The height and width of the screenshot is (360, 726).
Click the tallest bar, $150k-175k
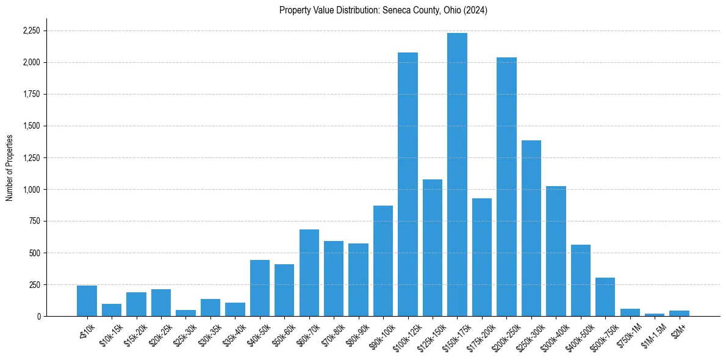pyautogui.click(x=457, y=175)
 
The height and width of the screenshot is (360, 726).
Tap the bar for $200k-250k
pyautogui.click(x=506, y=187)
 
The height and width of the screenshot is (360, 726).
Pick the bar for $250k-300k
pyautogui.click(x=531, y=228)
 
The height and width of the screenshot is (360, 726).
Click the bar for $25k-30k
pyautogui.click(x=185, y=313)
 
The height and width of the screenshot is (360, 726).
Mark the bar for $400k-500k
pyautogui.click(x=581, y=280)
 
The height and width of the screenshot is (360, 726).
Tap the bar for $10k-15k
pyautogui.click(x=112, y=310)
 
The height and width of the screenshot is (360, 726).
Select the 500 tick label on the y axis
pyautogui.click(x=35, y=253)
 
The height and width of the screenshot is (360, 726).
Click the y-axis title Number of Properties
pyautogui.click(x=9, y=168)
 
